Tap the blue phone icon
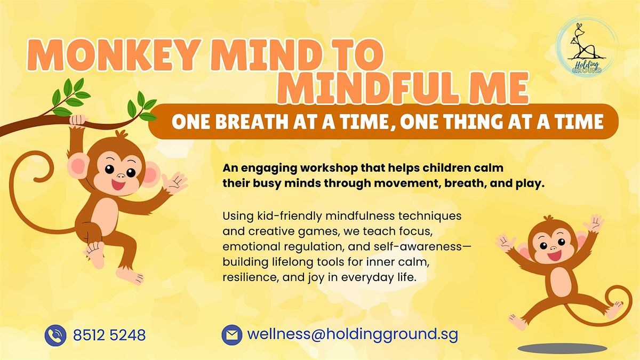point(55,335)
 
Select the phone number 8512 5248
point(109,335)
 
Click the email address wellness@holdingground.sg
point(353,335)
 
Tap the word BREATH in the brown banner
point(258,123)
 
